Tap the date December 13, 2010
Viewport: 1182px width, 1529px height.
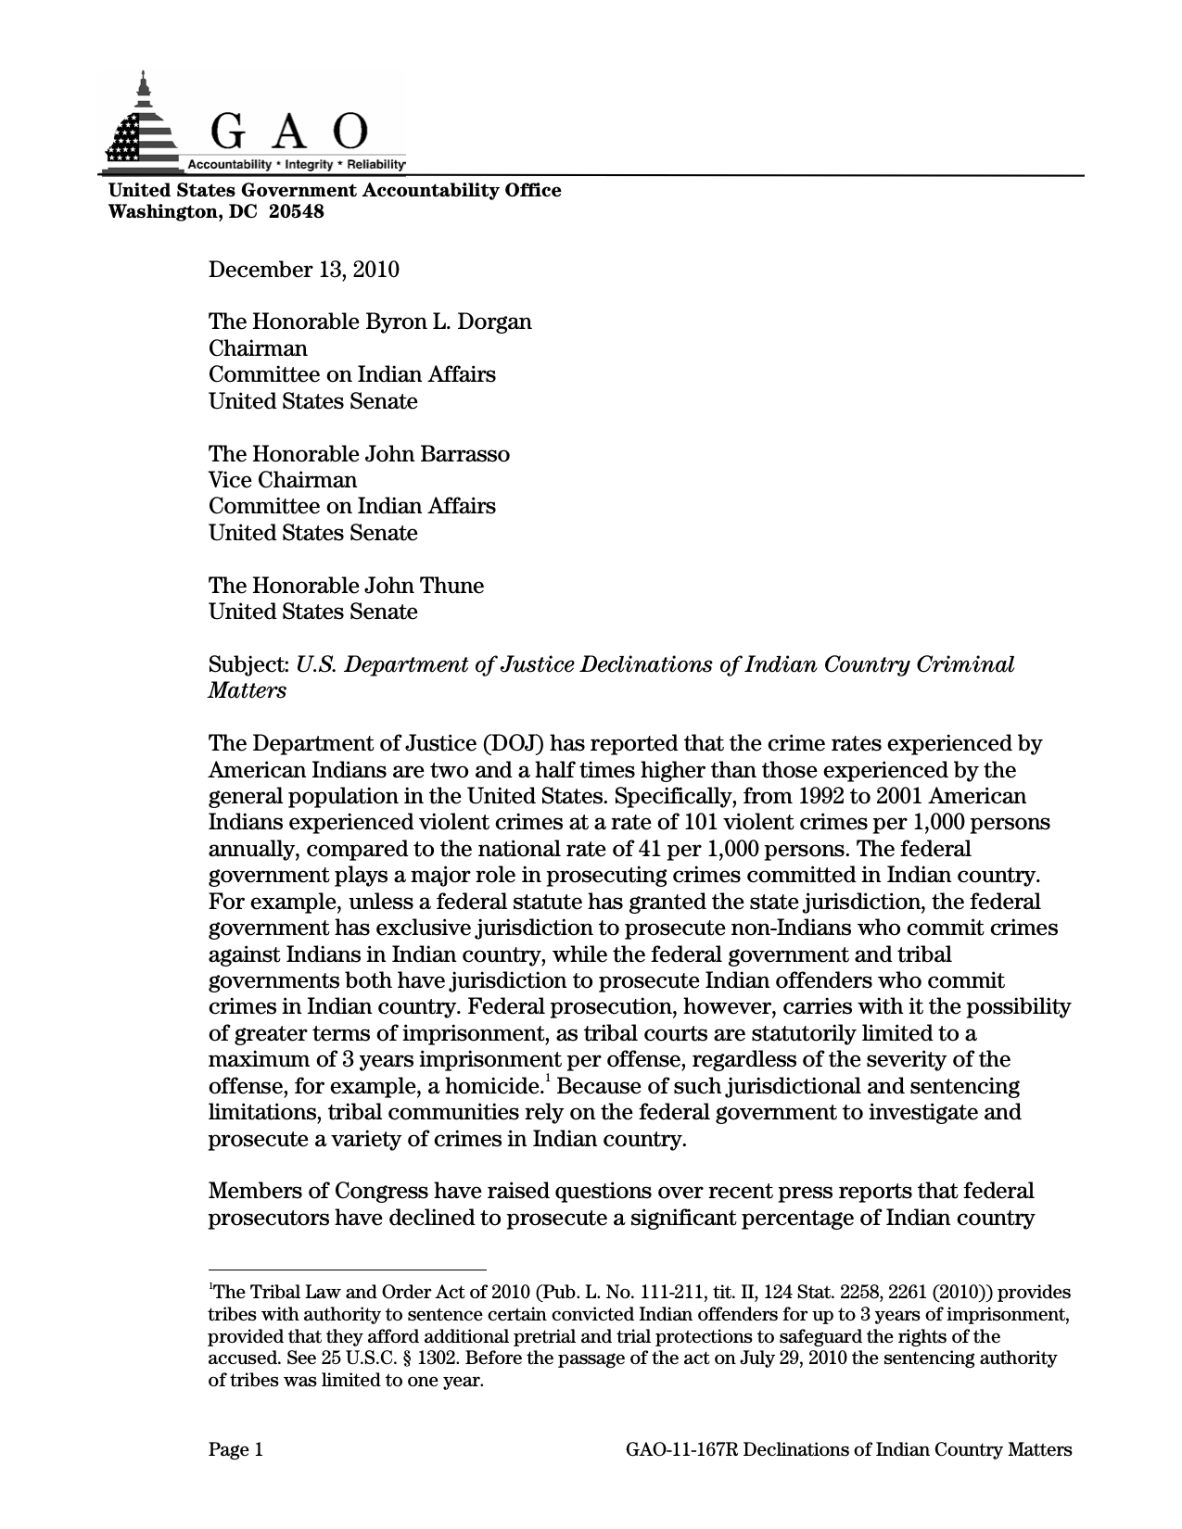pos(303,270)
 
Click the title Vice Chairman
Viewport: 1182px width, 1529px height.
pos(282,480)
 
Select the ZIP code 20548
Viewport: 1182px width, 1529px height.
pos(297,211)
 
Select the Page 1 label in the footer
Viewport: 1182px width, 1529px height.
pos(236,1450)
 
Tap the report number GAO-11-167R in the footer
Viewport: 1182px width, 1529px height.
pos(681,1450)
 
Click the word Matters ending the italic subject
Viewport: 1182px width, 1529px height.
pos(247,691)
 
